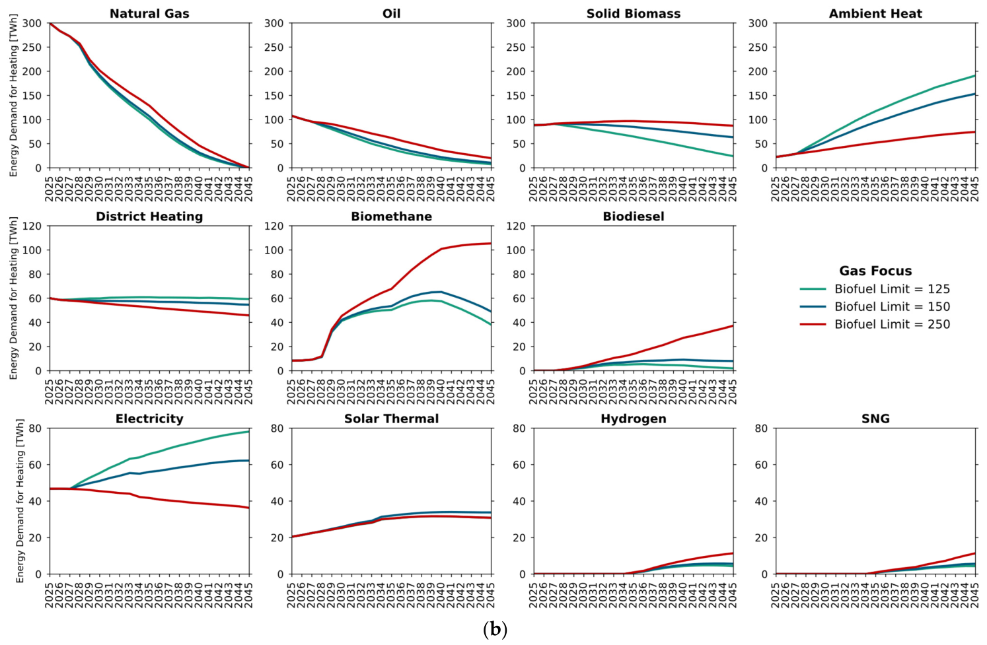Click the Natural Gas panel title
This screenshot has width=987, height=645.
click(x=149, y=14)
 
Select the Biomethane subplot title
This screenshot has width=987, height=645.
click(x=391, y=216)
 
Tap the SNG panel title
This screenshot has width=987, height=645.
click(x=875, y=419)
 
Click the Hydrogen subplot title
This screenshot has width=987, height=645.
click(x=633, y=419)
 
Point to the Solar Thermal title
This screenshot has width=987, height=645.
click(x=391, y=419)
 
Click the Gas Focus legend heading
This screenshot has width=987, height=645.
click(x=875, y=270)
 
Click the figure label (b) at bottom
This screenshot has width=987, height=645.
click(x=495, y=630)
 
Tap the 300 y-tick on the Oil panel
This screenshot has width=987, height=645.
click(x=275, y=23)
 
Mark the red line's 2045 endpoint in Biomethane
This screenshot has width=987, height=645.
click(x=491, y=243)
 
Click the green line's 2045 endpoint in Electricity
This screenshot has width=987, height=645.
click(x=249, y=432)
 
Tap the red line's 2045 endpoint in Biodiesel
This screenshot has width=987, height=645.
click(x=733, y=325)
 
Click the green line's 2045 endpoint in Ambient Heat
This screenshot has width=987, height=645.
click(x=974, y=75)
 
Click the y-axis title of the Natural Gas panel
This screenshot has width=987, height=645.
click(x=13, y=95)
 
